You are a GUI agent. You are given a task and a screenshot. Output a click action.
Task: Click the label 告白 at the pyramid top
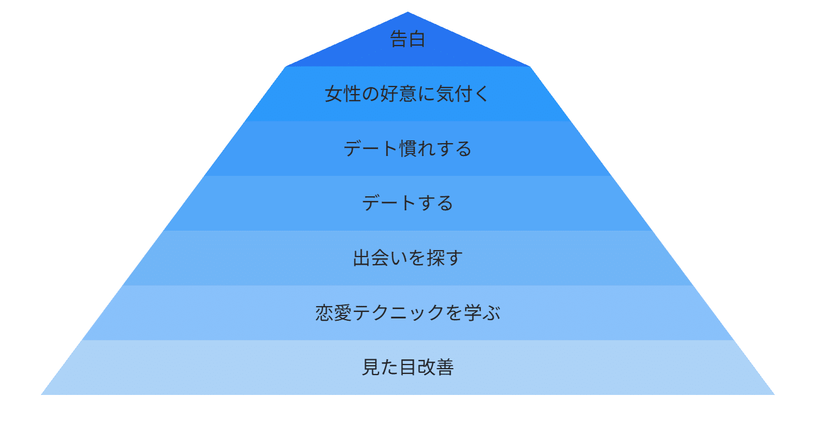407,40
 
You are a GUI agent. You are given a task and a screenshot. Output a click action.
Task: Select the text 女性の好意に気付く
407,94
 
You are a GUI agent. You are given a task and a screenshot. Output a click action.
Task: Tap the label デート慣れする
407,149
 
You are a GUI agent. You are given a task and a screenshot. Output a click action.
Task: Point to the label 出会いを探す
407,258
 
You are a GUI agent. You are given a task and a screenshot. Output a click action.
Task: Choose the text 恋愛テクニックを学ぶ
407,313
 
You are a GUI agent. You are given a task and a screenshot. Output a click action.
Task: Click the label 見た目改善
407,367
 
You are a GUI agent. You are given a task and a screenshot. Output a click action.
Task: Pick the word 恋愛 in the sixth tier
334,313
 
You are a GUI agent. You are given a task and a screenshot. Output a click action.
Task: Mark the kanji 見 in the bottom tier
371,367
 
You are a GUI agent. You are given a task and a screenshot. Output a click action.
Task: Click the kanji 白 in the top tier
417,40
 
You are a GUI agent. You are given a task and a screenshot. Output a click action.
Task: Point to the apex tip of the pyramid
407,13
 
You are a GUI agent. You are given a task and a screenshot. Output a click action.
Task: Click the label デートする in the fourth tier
407,203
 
